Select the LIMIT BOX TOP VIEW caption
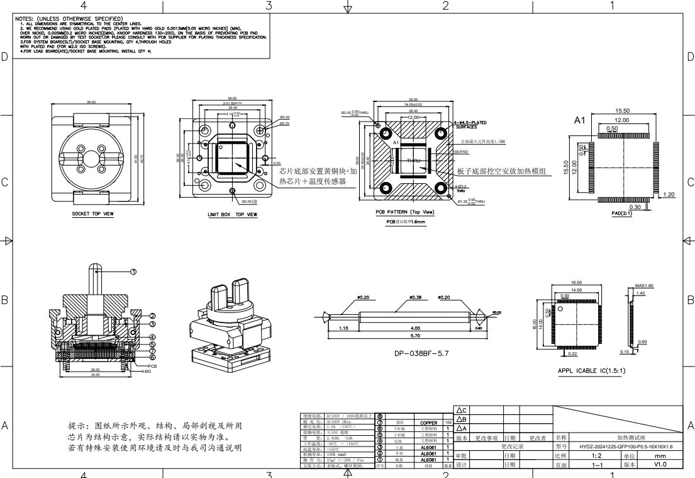(232, 214)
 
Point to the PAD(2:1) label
(623, 213)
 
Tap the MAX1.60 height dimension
(645, 285)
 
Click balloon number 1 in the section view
(133, 272)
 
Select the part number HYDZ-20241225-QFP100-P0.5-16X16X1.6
(621, 446)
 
